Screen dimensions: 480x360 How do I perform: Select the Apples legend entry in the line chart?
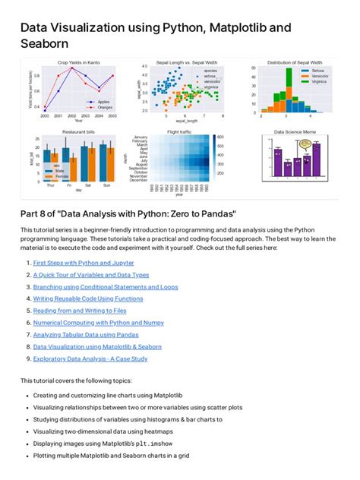pos(104,100)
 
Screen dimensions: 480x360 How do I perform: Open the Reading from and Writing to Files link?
pos(80,310)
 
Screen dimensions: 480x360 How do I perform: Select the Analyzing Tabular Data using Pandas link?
pos(85,334)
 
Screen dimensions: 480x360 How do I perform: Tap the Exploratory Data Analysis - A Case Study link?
pos(90,358)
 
